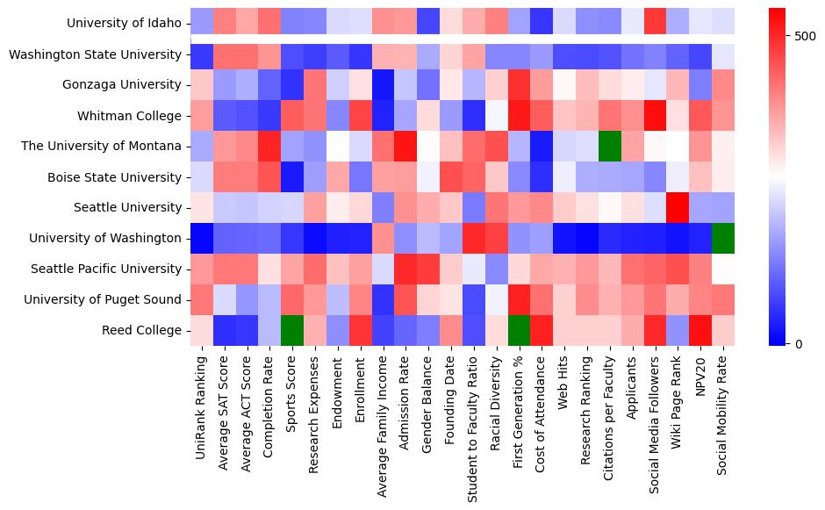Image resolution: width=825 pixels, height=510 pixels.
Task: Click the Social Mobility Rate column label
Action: pyautogui.click(x=721, y=420)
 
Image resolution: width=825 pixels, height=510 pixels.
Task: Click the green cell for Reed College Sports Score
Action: pyautogui.click(x=292, y=330)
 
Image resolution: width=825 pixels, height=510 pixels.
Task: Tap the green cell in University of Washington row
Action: pyautogui.click(x=721, y=238)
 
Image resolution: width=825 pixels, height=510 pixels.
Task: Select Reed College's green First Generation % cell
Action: pyautogui.click(x=519, y=330)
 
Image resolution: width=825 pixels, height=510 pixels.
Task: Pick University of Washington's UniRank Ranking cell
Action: pyautogui.click(x=202, y=238)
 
